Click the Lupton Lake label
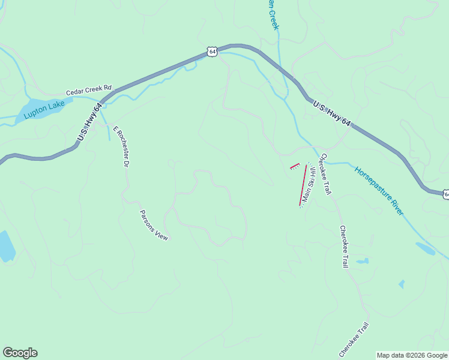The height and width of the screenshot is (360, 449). click(44, 112)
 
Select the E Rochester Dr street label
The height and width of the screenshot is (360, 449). click(121, 145)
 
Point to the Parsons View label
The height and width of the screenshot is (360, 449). click(154, 225)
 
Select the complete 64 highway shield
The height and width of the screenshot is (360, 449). click(212, 52)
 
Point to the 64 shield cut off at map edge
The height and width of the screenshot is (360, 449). click(445, 194)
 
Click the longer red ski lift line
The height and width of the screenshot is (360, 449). click(303, 185)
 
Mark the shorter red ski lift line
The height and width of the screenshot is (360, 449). click(294, 166)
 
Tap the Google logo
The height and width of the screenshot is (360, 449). click(20, 353)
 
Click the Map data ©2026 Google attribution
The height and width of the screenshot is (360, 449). click(412, 355)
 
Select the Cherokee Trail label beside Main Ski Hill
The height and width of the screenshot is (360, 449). click(324, 174)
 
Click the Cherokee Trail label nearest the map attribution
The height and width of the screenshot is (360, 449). click(354, 340)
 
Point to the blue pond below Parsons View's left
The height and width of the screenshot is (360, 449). click(5, 246)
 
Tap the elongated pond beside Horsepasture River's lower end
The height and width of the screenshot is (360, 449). click(426, 248)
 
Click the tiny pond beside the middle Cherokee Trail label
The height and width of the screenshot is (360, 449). click(362, 262)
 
